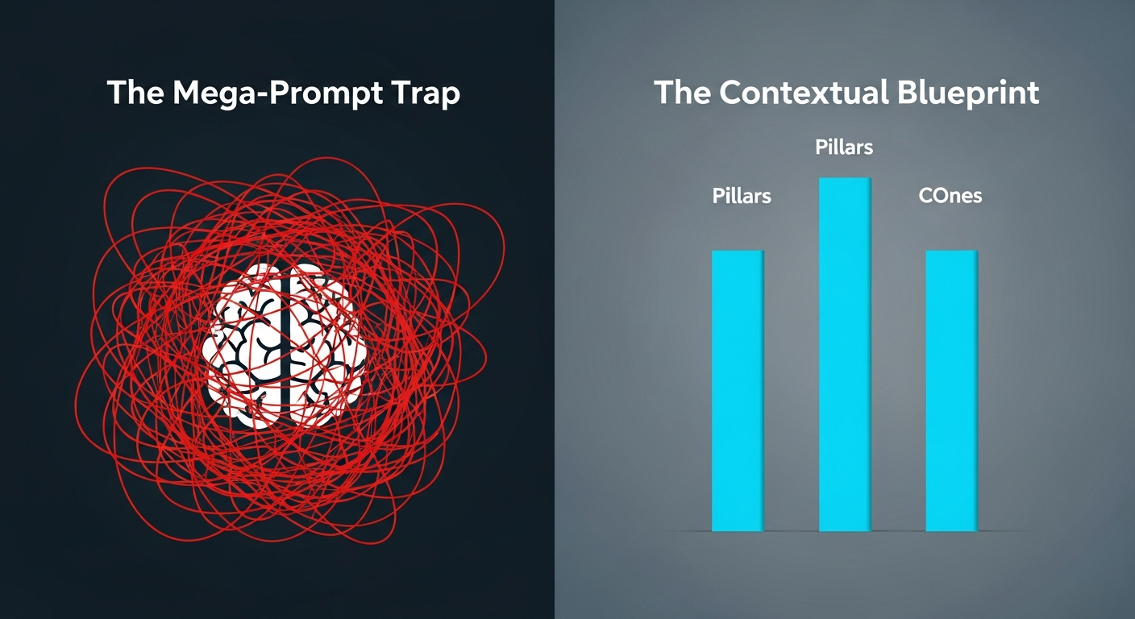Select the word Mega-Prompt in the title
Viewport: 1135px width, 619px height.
click(277, 93)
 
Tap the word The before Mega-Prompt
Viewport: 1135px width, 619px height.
click(135, 92)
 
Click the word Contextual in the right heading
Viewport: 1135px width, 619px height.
click(804, 92)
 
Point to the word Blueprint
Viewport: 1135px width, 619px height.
click(968, 93)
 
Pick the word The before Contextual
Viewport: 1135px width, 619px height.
click(682, 92)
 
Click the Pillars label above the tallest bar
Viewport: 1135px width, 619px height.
click(844, 147)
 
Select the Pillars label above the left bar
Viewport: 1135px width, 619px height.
click(742, 196)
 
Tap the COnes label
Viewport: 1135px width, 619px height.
click(950, 196)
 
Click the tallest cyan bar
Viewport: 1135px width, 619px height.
click(845, 354)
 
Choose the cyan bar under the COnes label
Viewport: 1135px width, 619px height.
click(951, 391)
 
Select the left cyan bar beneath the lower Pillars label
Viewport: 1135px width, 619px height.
click(738, 391)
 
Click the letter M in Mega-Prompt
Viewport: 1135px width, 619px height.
click(188, 92)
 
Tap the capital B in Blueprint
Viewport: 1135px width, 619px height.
click(907, 92)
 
